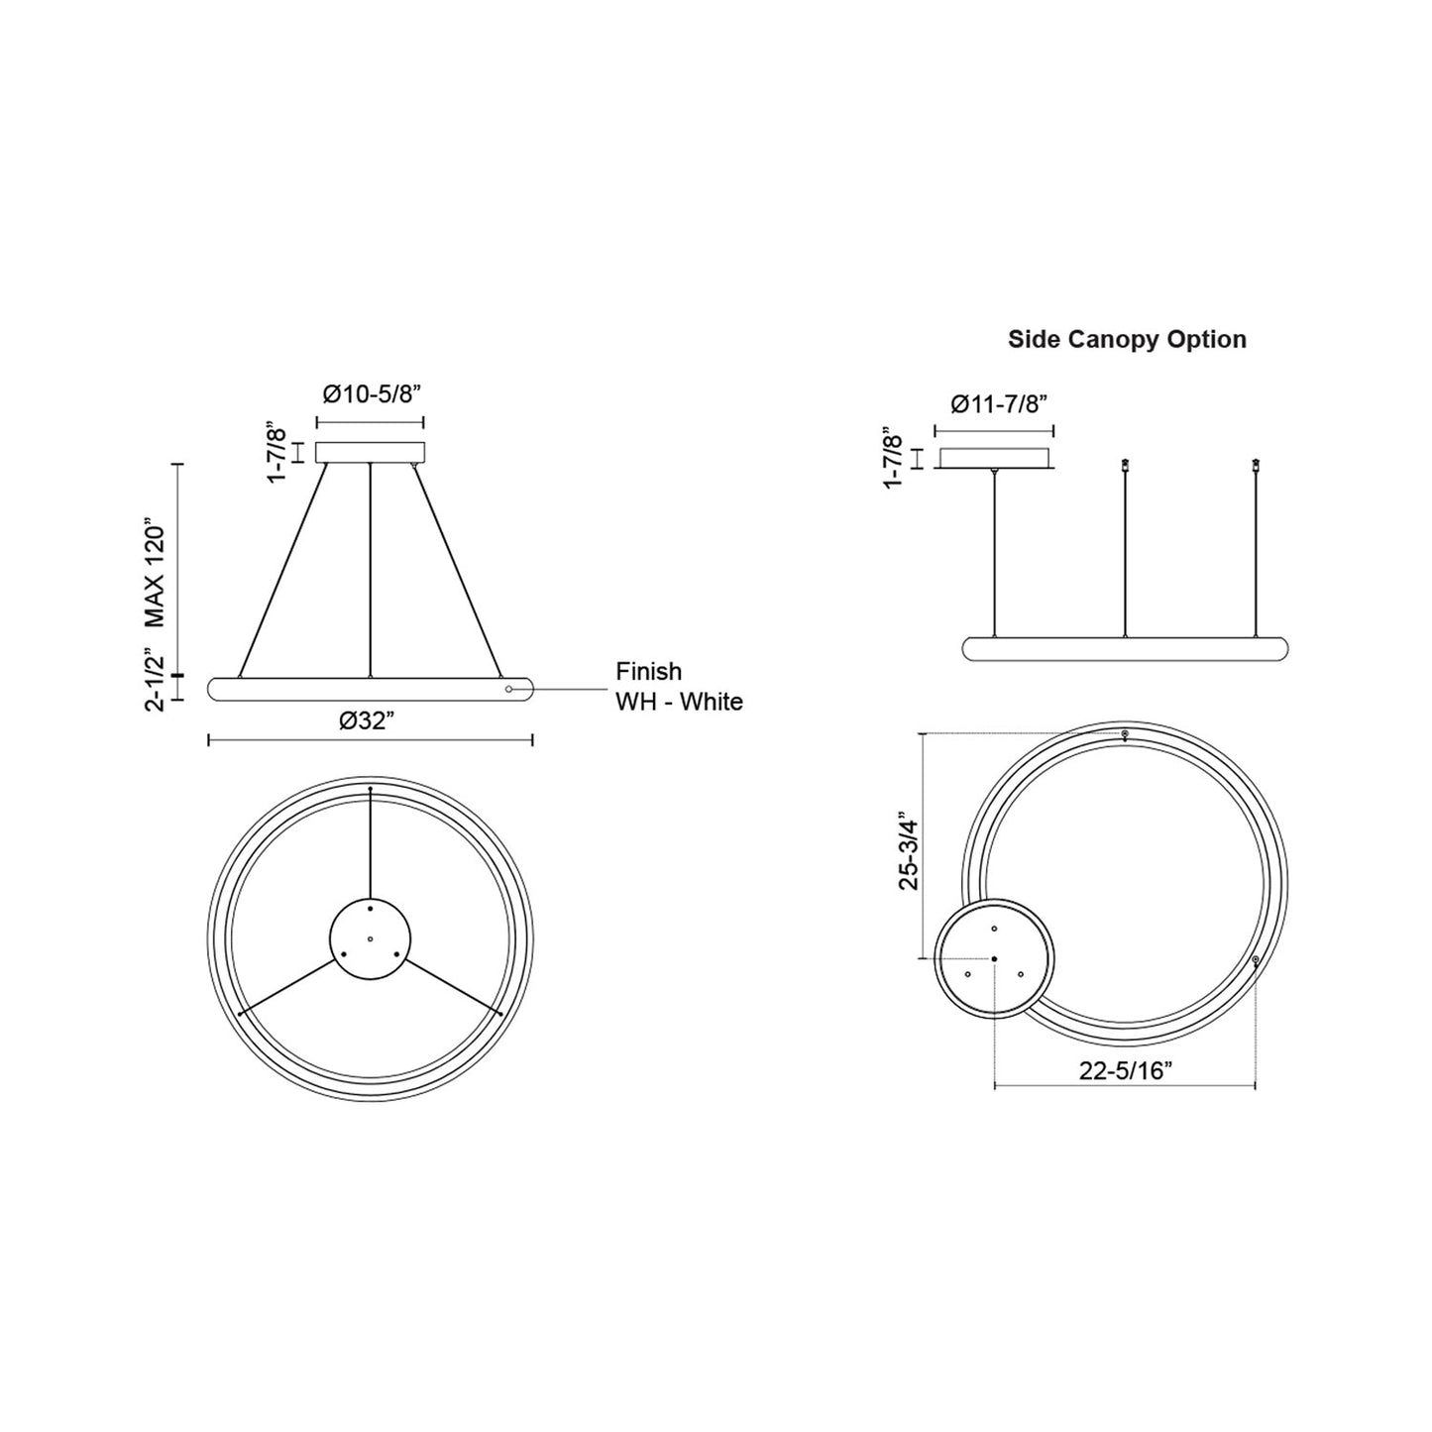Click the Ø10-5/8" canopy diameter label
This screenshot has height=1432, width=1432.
[373, 393]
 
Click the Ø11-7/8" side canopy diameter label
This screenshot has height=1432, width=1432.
[998, 403]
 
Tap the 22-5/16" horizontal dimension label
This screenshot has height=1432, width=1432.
[1125, 1069]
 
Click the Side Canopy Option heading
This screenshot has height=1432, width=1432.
[1127, 339]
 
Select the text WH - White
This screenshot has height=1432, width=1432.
[679, 702]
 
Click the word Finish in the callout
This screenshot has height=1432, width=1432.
[648, 672]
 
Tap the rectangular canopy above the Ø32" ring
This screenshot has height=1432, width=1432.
[370, 452]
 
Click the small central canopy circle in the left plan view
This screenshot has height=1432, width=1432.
[370, 938]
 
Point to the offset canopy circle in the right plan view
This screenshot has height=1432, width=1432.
[994, 958]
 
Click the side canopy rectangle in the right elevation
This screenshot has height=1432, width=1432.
[995, 459]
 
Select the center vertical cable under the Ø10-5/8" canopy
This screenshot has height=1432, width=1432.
[370, 570]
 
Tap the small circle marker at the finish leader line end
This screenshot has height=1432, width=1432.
[508, 688]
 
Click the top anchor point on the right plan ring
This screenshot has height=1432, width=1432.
[1125, 734]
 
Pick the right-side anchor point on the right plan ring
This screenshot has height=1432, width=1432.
[1256, 960]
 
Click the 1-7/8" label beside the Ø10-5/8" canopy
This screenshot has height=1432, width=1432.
[276, 454]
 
